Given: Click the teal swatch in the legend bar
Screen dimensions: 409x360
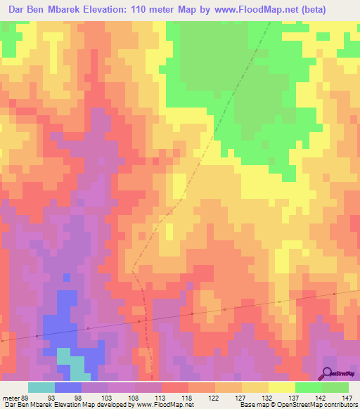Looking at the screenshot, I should (41, 387).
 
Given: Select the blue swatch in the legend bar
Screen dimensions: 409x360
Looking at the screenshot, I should (67, 387).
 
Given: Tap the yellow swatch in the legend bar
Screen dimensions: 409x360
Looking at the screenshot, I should (281, 387).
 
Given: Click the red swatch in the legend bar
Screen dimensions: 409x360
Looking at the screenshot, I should (174, 387).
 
